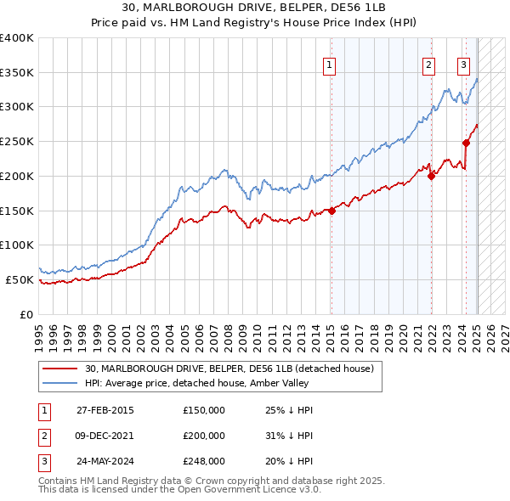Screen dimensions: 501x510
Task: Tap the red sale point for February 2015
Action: [x=331, y=211]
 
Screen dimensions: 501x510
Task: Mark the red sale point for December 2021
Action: [x=432, y=176]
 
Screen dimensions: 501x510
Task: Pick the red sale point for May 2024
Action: [x=466, y=143]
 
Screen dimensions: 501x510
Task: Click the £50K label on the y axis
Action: [x=20, y=279]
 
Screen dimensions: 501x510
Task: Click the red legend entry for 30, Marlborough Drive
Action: [x=229, y=369]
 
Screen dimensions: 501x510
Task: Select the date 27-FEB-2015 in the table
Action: [x=105, y=410]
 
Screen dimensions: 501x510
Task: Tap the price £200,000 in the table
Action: [x=204, y=436]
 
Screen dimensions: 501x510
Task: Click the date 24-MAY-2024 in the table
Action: [x=105, y=461]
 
